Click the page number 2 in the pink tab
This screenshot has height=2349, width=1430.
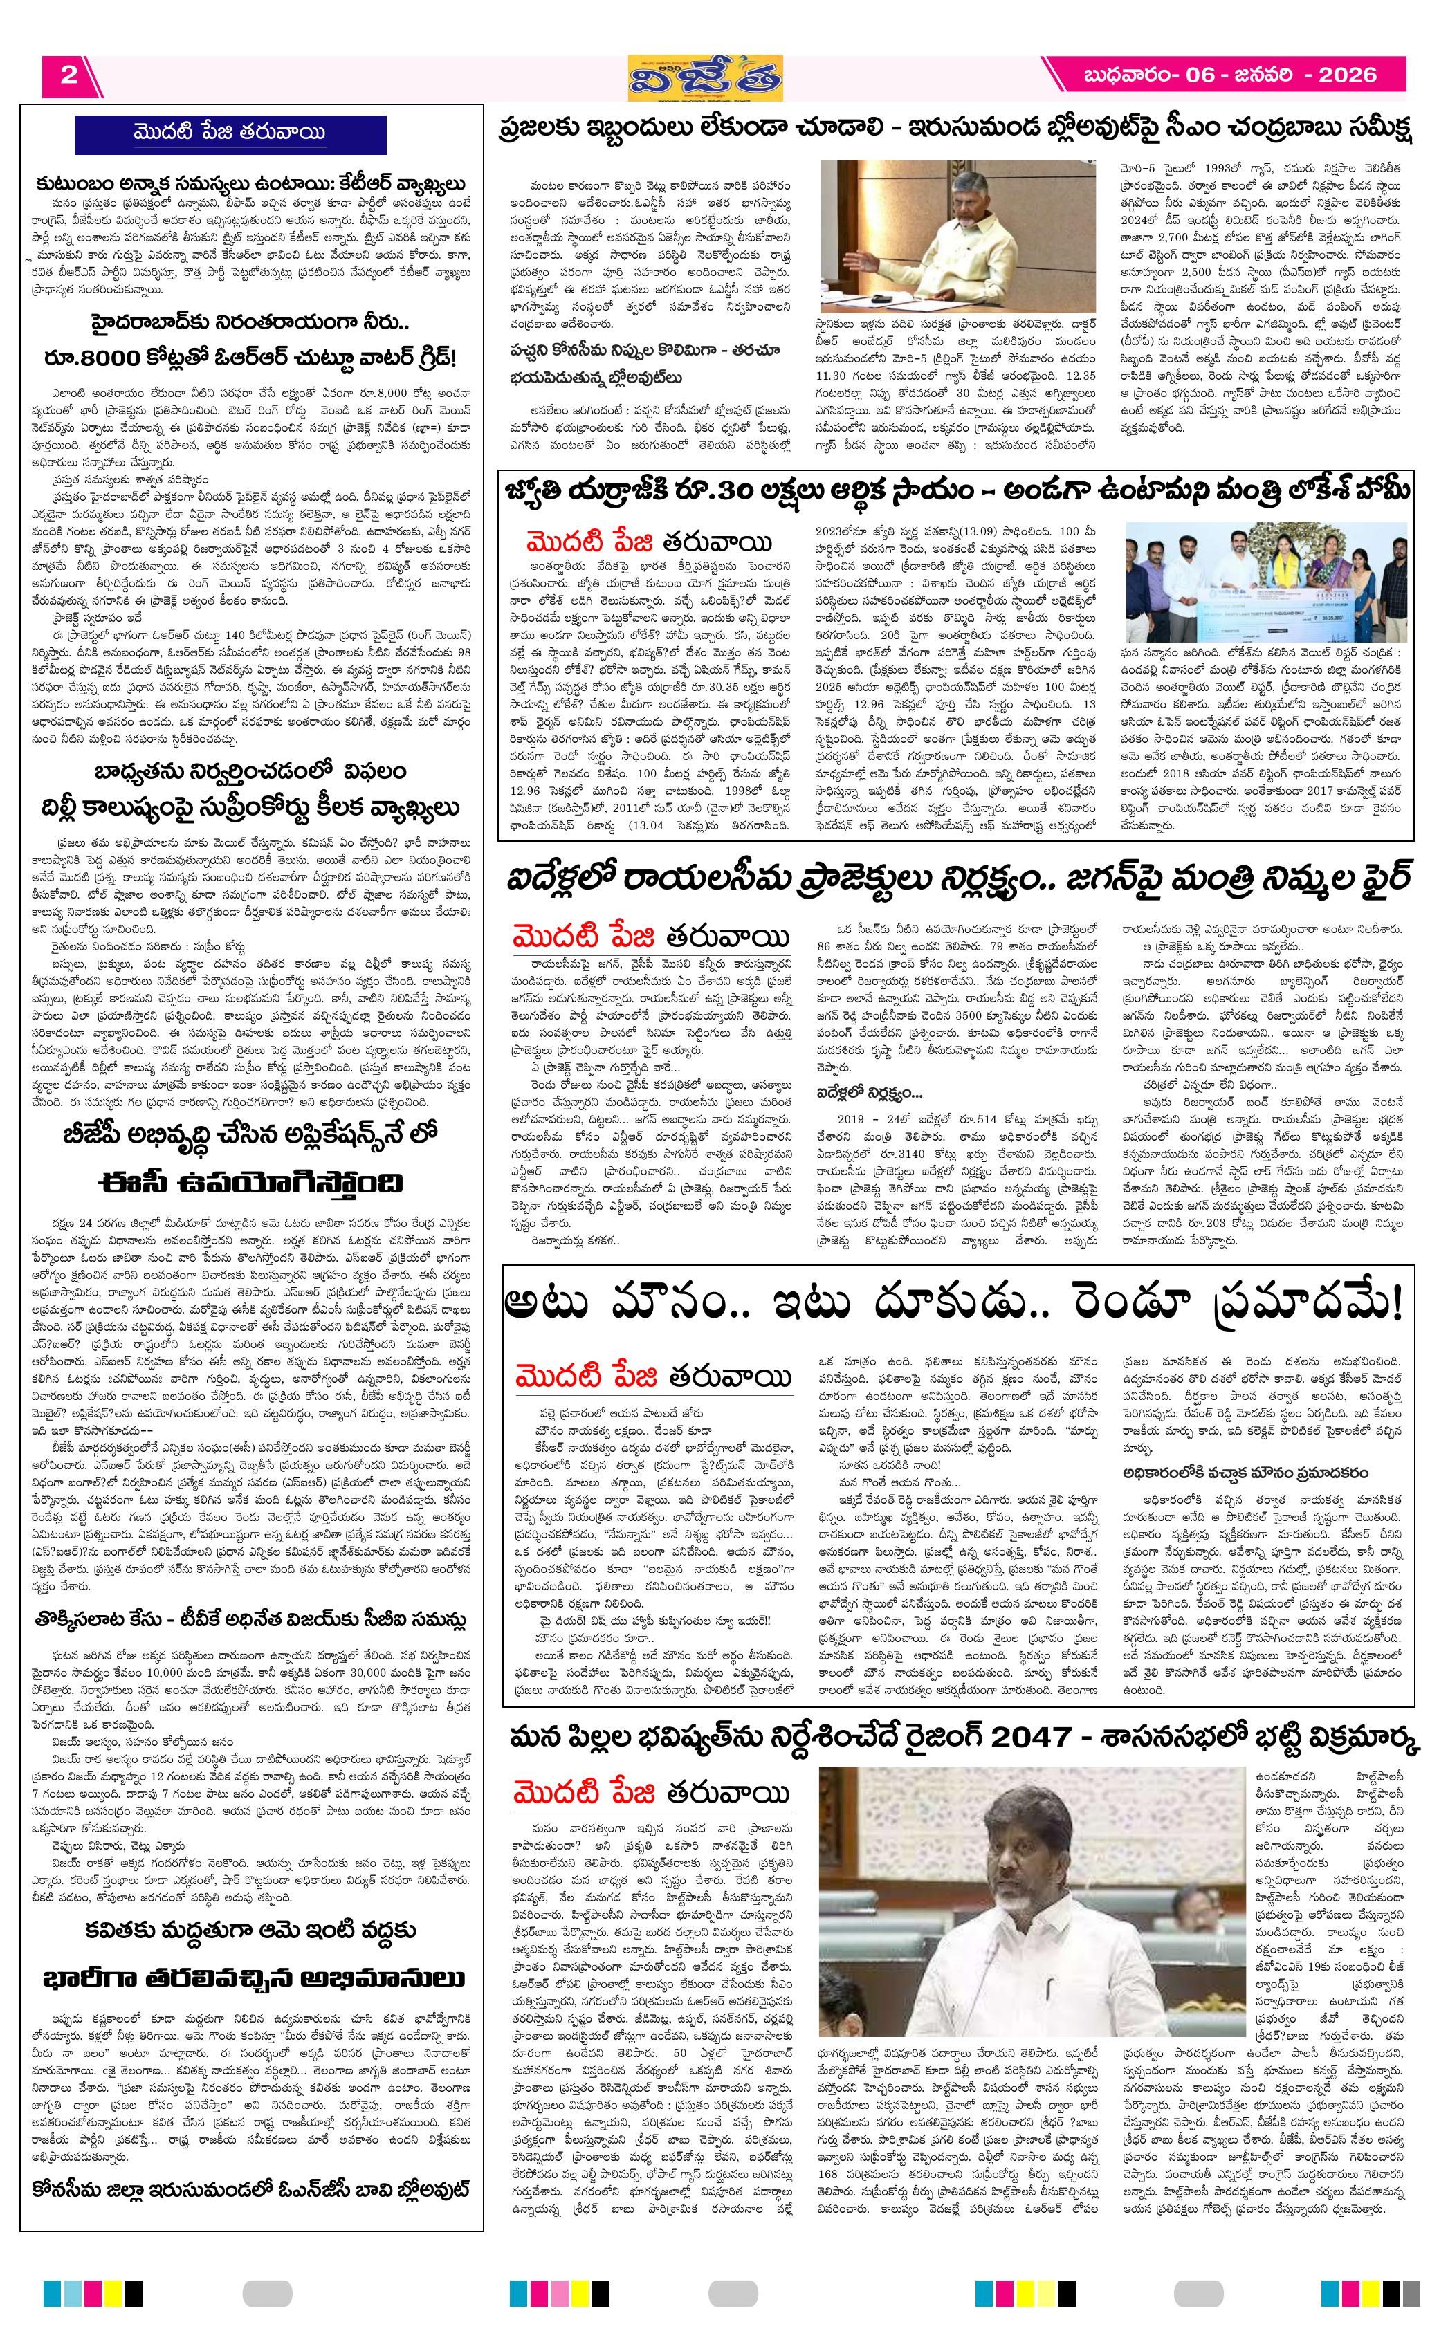tap(68, 75)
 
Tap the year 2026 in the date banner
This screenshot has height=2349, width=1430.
tap(1347, 75)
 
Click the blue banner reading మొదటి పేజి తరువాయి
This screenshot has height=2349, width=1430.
tap(230, 133)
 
